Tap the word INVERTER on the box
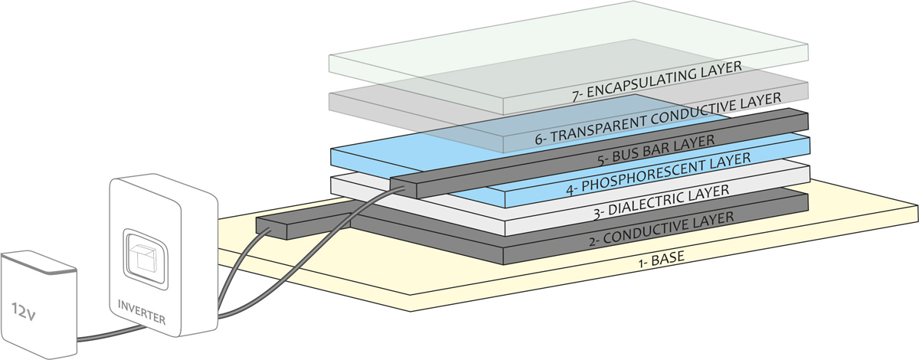point(141,313)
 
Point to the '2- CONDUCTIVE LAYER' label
point(662,227)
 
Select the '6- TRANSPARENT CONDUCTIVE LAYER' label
point(657,119)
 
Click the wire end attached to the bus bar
point(401,186)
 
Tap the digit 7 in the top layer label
point(576,98)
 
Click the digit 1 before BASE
point(639,269)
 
